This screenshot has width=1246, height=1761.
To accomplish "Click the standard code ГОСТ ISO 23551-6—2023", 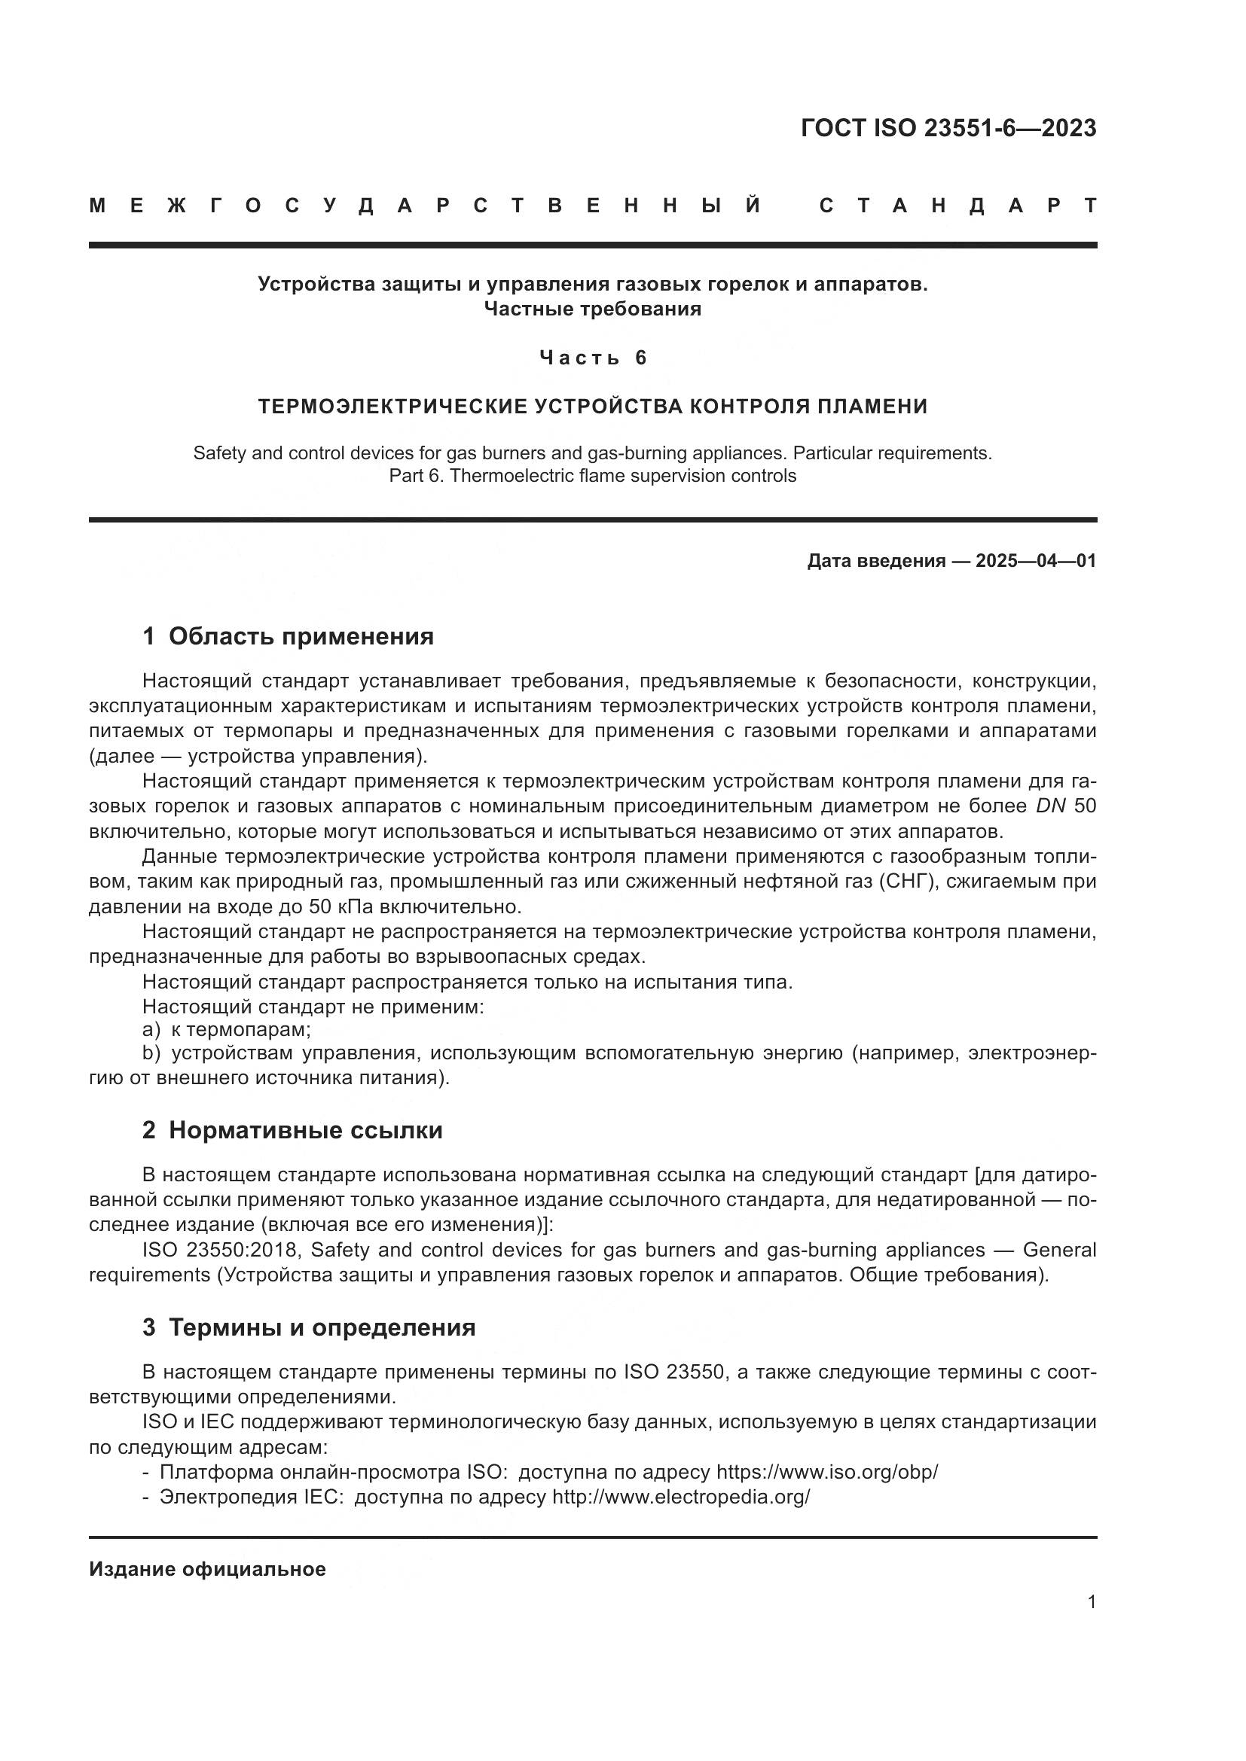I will tap(948, 128).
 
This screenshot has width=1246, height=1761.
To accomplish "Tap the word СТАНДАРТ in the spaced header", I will tap(957, 206).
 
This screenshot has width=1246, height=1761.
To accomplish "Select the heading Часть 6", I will tap(593, 358).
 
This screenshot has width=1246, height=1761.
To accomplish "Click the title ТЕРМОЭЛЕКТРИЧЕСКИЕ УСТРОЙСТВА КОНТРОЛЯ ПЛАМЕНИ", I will tap(592, 406).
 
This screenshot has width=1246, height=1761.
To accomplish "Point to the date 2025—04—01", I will tap(1036, 561).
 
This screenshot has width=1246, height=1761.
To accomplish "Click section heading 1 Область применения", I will tap(289, 636).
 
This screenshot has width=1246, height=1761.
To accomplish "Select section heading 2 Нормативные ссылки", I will tap(292, 1130).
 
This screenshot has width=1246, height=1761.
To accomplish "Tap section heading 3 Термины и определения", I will tap(309, 1327).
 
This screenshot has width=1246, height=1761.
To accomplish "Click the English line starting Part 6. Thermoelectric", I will tap(592, 476).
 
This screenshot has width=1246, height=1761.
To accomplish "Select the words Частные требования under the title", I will tap(592, 309).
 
